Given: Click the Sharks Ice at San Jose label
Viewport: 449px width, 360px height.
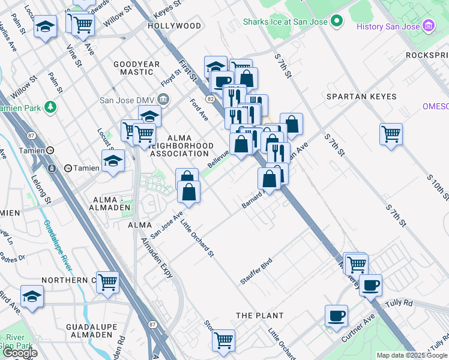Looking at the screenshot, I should tap(286, 22).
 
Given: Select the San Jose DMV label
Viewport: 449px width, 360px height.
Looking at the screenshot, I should tap(127, 100).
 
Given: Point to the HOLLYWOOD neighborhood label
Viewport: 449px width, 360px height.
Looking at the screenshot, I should tap(174, 26).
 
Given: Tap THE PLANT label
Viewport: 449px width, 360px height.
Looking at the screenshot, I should tap(259, 316).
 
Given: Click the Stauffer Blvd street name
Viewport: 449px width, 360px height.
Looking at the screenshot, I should tap(256, 271).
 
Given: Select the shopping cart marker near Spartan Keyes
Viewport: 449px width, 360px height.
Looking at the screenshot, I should tap(391, 133).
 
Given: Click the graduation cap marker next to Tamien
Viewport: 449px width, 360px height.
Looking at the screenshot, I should tap(112, 160).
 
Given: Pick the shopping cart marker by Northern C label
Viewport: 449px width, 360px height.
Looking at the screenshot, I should tap(107, 281).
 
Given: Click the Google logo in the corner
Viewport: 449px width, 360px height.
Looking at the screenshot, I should tap(20, 353).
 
